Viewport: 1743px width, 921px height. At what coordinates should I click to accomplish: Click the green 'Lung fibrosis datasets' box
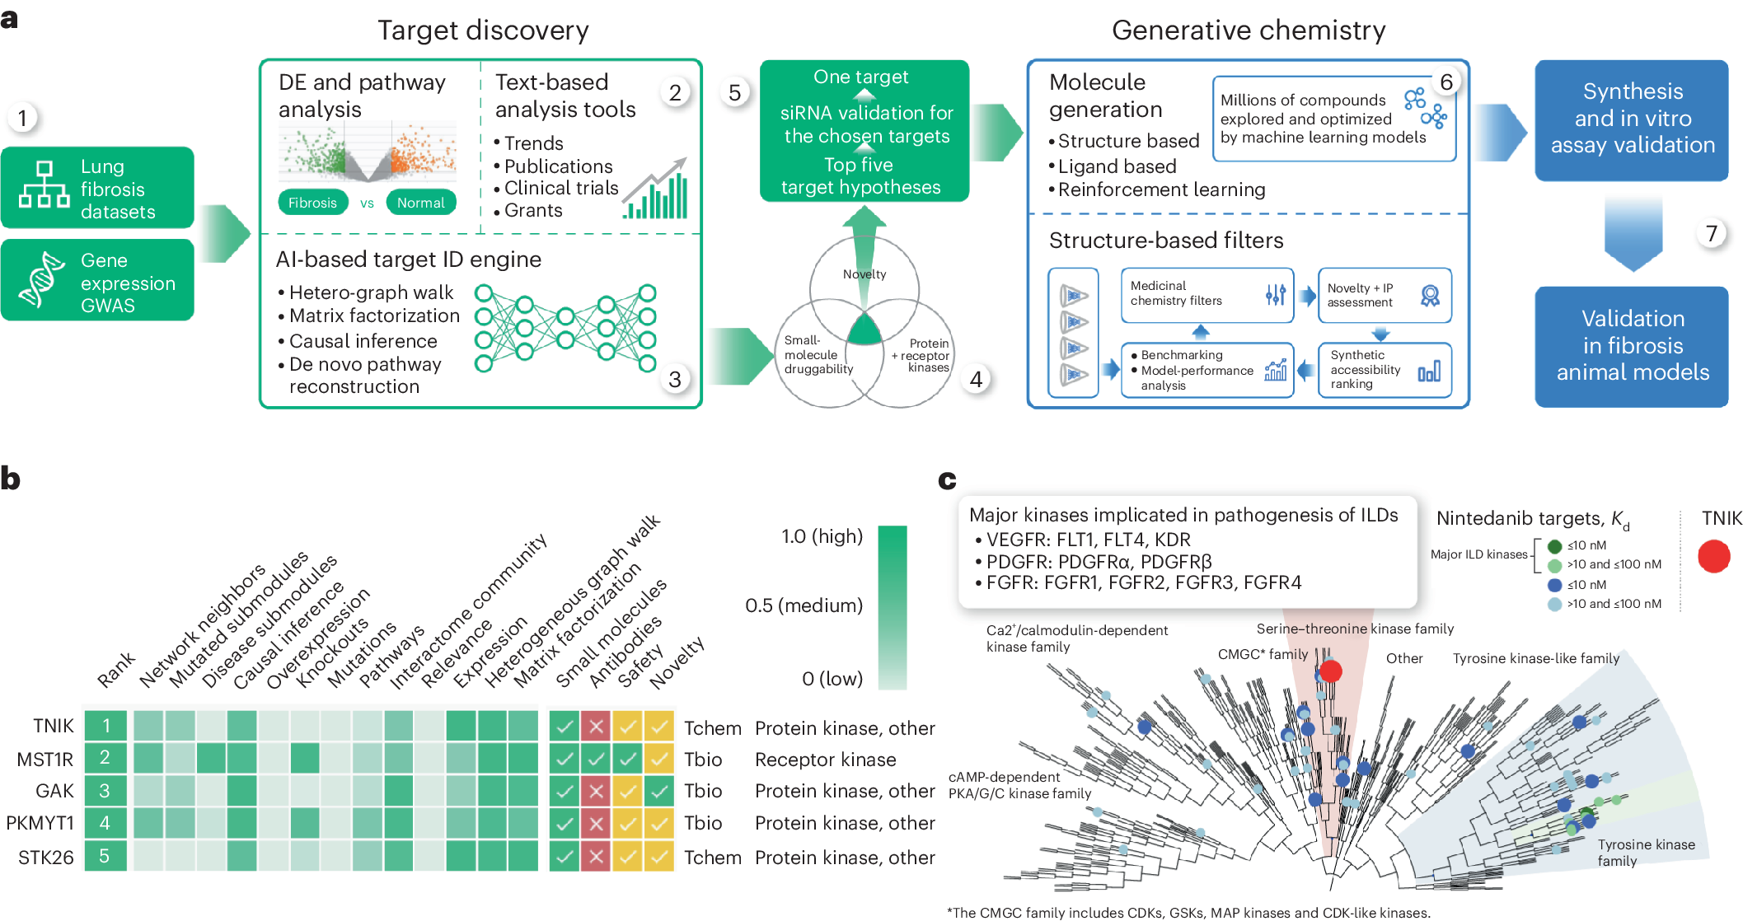[x=97, y=188]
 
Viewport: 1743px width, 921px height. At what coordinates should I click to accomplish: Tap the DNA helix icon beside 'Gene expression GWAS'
[x=42, y=280]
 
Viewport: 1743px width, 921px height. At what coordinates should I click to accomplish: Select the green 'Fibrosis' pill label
[x=313, y=203]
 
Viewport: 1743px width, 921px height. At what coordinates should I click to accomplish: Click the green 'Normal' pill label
[x=421, y=203]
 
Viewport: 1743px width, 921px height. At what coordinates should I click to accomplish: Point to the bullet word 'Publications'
[x=558, y=166]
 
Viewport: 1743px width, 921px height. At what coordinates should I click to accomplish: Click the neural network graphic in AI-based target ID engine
[x=565, y=328]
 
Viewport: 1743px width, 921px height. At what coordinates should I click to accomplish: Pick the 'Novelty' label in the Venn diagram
[x=864, y=274]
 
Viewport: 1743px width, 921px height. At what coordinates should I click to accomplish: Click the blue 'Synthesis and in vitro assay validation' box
[x=1632, y=120]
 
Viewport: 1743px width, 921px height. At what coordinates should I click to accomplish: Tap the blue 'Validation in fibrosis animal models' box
[x=1632, y=346]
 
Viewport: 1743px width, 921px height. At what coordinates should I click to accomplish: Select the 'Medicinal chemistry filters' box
[x=1207, y=294]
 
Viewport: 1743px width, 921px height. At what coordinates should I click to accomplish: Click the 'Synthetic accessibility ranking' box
[x=1385, y=370]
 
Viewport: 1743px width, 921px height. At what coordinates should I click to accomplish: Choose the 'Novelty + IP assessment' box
[x=1385, y=294]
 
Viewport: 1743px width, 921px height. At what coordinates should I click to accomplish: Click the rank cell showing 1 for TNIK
[x=105, y=726]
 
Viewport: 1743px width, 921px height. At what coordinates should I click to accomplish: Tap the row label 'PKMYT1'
[x=40, y=823]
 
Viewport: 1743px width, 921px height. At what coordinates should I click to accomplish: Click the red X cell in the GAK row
[x=596, y=791]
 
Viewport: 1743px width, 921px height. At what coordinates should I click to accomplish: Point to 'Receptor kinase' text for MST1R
[x=825, y=760]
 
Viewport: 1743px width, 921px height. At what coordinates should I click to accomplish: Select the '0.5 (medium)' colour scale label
[x=804, y=606]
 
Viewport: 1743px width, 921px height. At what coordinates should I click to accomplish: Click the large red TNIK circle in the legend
[x=1714, y=557]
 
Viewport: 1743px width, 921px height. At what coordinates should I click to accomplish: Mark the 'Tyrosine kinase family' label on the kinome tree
[x=1646, y=853]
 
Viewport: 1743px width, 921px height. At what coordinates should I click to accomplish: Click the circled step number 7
[x=1712, y=234]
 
